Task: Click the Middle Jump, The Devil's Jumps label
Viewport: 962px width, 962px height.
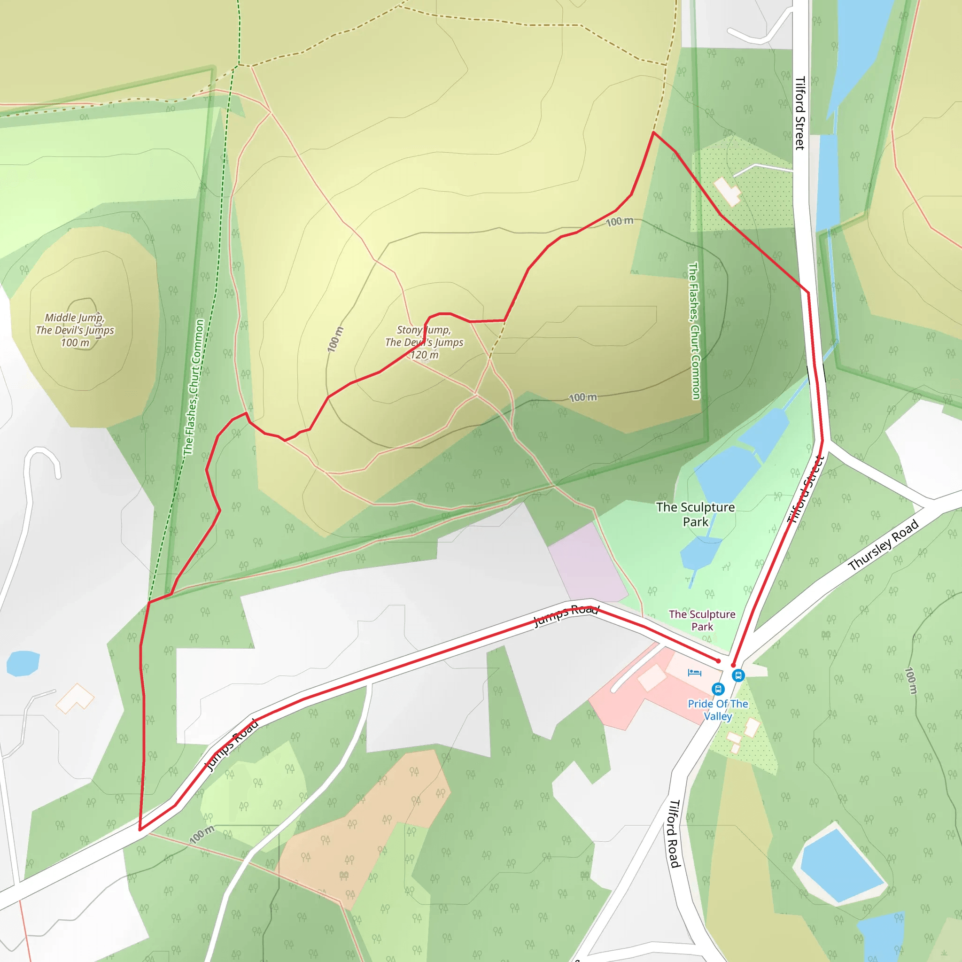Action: click(75, 324)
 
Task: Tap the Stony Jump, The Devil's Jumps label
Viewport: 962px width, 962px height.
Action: click(424, 336)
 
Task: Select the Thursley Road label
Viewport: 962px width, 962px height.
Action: click(884, 545)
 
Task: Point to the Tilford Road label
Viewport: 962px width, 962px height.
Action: click(674, 840)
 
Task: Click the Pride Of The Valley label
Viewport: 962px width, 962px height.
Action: click(718, 710)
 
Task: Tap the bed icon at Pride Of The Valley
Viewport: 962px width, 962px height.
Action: click(694, 673)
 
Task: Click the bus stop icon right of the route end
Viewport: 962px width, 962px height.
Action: click(738, 675)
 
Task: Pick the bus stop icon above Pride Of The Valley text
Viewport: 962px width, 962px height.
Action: click(718, 689)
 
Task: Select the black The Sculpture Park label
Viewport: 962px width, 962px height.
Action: click(695, 514)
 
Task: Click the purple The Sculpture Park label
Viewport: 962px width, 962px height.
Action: click(702, 621)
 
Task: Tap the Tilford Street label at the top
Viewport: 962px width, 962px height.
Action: click(799, 113)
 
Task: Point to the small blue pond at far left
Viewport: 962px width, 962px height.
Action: click(23, 663)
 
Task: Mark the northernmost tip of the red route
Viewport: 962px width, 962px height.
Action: click(653, 132)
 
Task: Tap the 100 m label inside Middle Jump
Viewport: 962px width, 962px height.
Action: click(75, 342)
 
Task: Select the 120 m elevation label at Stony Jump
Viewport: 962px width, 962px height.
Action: click(424, 355)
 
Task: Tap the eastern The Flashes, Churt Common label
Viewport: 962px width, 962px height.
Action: click(694, 331)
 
